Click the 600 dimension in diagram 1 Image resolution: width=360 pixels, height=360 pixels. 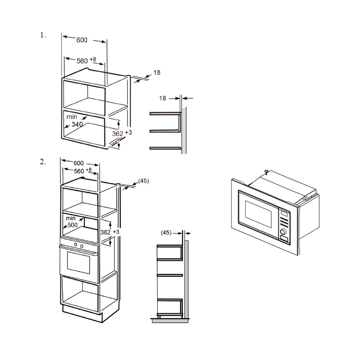tap(82, 40)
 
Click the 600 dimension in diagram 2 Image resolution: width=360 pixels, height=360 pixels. tap(78, 163)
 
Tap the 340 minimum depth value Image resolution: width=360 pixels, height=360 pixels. tap(77, 125)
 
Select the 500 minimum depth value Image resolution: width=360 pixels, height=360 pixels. tap(72, 225)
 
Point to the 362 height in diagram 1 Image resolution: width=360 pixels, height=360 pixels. tap(118, 134)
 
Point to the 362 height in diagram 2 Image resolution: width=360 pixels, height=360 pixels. tap(106, 233)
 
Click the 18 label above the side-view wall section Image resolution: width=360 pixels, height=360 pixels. tap(162, 98)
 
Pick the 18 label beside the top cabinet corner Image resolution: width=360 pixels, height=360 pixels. tap(157, 72)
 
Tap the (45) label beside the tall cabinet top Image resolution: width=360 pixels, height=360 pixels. tap(144, 181)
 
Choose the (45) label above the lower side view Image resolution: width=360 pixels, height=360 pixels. tap(166, 233)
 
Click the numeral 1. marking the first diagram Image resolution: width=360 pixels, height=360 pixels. tap(43, 35)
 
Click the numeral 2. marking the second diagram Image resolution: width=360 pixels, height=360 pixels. tap(43, 162)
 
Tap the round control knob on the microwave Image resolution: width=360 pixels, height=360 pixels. tap(284, 232)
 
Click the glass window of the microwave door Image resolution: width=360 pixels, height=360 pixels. tap(258, 214)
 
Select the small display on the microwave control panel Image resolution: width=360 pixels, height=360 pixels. tap(284, 214)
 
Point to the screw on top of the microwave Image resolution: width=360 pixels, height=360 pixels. tap(266, 172)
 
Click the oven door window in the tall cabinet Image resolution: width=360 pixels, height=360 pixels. tap(78, 263)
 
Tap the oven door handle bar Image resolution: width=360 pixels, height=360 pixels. tap(78, 250)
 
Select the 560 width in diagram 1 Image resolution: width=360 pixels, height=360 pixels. tap(82, 61)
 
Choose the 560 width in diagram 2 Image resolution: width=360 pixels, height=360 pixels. tap(79, 171)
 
